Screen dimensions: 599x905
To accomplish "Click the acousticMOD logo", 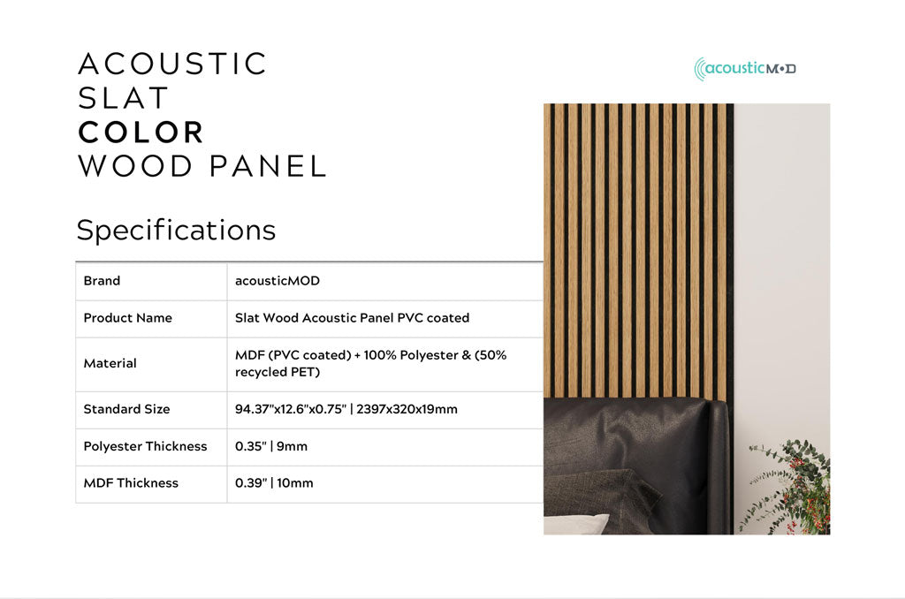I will [745, 69].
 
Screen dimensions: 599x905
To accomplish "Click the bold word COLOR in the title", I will [141, 132].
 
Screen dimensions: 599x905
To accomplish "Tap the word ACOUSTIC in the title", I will [172, 64].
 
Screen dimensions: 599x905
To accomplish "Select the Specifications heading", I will [176, 230].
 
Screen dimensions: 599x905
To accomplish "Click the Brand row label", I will [102, 281].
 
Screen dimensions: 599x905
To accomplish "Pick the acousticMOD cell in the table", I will [277, 281].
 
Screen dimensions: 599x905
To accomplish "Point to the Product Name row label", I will [127, 318].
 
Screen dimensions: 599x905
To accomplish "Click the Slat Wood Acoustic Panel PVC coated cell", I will [352, 318].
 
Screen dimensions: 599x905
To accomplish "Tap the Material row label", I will [110, 363].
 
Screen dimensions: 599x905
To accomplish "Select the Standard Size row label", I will [126, 409].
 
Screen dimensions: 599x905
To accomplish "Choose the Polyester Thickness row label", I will [145, 446].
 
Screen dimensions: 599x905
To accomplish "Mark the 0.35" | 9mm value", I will [271, 446].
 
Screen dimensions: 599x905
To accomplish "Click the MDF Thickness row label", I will [131, 483].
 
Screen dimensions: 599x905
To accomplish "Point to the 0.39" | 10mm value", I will [274, 483].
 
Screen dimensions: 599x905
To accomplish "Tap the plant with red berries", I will [795, 486].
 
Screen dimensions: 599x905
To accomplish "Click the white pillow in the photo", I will [574, 524].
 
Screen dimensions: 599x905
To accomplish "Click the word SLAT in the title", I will [123, 97].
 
